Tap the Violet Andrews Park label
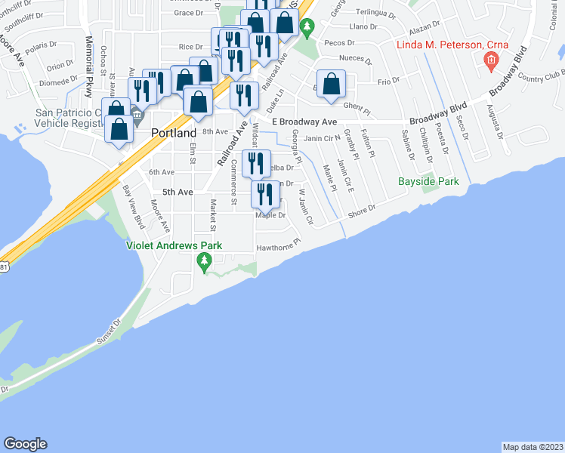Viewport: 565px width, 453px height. (174, 245)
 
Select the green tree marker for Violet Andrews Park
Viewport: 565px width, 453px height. (203, 263)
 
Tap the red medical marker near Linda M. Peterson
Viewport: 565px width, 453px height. (490, 61)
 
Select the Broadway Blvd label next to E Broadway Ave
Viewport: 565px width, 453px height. (435, 121)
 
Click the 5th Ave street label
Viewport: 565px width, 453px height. (178, 192)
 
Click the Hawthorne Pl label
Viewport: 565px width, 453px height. (279, 245)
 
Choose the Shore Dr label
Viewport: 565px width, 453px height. (361, 213)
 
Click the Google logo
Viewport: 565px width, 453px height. (25, 444)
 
